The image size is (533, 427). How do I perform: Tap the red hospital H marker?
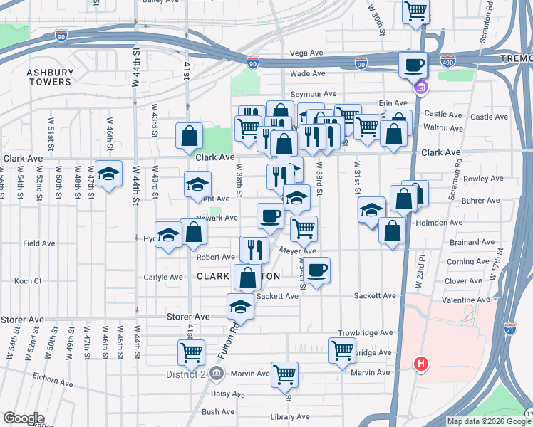(421, 364)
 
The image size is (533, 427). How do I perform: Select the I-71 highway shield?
(509, 328)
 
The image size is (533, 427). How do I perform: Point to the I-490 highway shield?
(447, 60)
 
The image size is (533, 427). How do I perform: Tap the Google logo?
(24, 418)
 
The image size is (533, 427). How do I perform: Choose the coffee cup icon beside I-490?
(413, 65)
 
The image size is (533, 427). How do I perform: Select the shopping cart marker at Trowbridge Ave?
(342, 349)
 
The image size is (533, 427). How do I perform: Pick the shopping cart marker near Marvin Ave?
(285, 374)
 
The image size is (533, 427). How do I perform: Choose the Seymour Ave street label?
(314, 94)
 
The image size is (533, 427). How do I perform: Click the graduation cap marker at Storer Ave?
(240, 307)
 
